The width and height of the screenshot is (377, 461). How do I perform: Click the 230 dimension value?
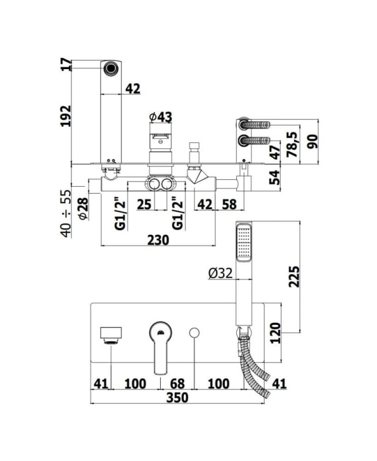[x=158, y=240]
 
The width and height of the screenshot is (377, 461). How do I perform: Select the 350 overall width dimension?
[x=177, y=398]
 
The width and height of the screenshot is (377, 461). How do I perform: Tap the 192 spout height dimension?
[x=66, y=116]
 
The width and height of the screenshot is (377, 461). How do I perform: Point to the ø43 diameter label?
[x=161, y=117]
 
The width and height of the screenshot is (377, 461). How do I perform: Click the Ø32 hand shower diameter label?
[x=221, y=273]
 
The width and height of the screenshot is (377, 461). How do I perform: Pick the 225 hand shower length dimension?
[x=294, y=277]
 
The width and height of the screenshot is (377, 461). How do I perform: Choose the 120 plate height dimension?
[x=276, y=333]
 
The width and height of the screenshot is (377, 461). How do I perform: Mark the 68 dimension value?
[x=178, y=383]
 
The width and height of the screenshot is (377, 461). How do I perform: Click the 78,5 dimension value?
[x=293, y=145]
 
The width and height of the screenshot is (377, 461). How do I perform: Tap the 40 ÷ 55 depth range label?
[x=66, y=213]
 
